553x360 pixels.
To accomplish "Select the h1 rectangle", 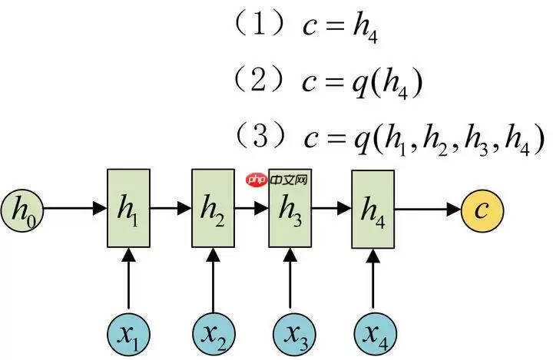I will click(127, 208).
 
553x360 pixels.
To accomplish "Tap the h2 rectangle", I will click(213, 208).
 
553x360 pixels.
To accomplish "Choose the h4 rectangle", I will click(373, 208).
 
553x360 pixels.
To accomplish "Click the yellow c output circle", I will click(482, 208).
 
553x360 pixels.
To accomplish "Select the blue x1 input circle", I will click(127, 332).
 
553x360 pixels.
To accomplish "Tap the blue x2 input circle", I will click(213, 332).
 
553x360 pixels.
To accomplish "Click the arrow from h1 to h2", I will click(170, 208).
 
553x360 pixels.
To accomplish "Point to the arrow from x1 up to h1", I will click(127, 280).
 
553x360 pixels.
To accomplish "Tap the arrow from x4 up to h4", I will click(373, 280).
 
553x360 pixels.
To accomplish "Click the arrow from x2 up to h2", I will click(213, 280).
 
